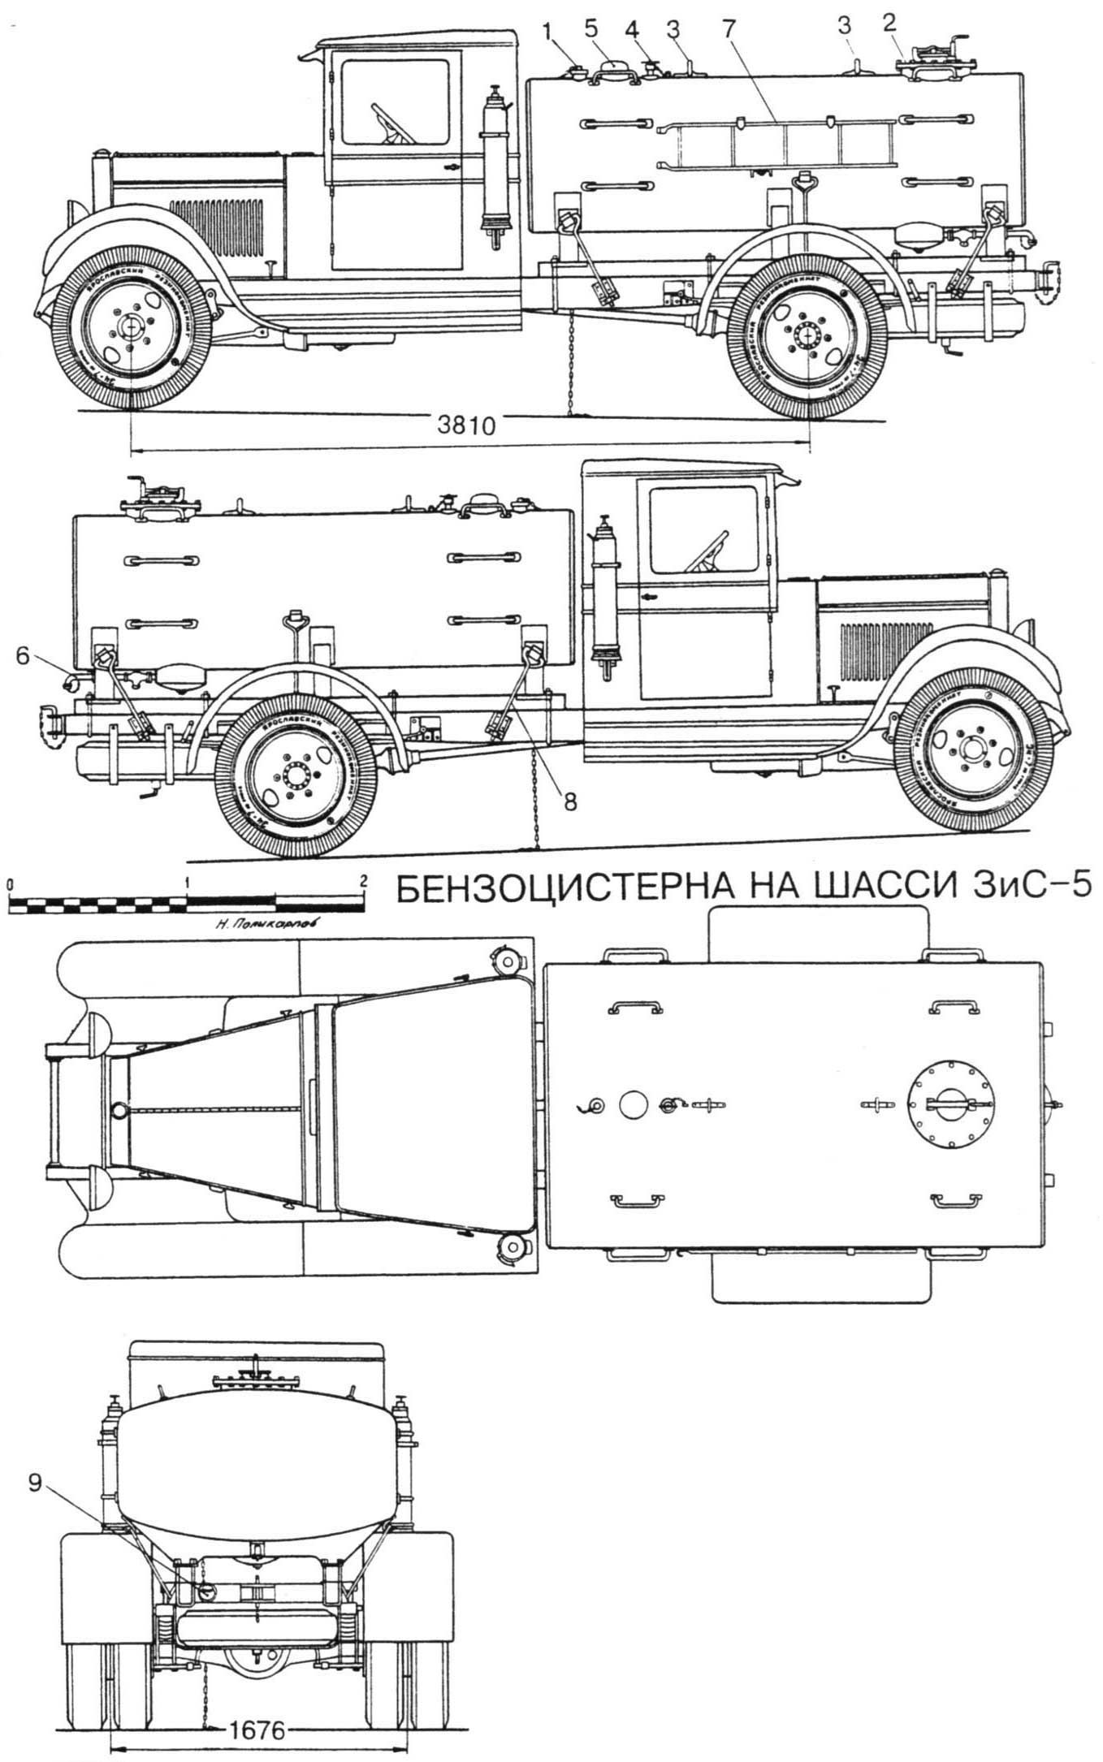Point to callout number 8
570,801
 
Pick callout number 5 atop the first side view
591,25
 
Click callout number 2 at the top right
889,23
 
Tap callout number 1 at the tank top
550,31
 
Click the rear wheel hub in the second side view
292,775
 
